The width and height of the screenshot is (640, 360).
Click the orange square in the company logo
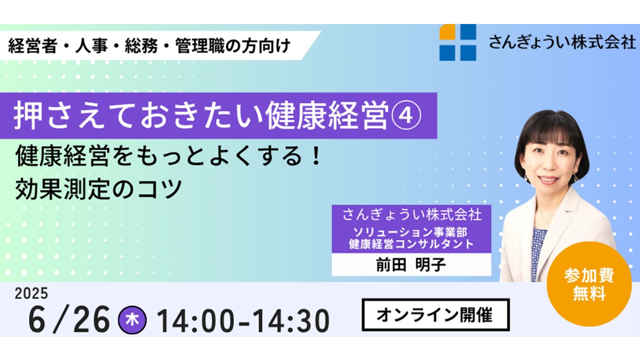(x=447, y=31)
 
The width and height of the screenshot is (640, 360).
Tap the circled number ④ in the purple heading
(x=405, y=115)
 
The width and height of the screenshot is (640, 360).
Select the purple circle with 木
(x=132, y=320)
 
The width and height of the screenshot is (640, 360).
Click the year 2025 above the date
(x=31, y=293)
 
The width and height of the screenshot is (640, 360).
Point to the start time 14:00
(x=195, y=321)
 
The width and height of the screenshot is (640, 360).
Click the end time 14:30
(x=291, y=321)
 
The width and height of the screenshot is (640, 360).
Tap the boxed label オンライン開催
(x=435, y=315)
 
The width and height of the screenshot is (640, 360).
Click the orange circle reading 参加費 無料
(x=589, y=284)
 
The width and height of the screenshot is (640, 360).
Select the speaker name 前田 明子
(x=411, y=265)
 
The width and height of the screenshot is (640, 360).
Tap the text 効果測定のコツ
(x=98, y=189)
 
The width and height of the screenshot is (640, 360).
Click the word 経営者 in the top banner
(x=33, y=45)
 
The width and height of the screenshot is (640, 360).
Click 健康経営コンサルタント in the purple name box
(x=411, y=244)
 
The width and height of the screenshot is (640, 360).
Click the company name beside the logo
(x=562, y=42)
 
